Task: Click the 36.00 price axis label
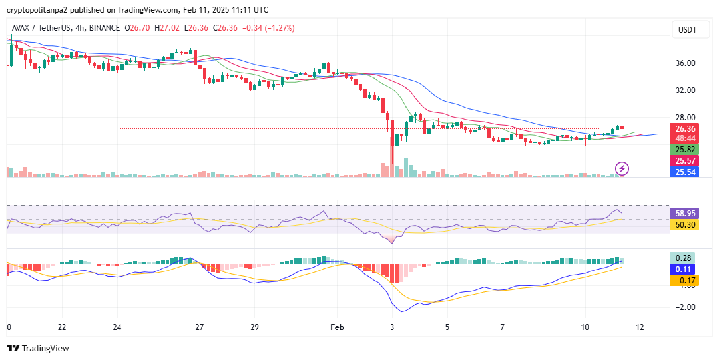pos(686,63)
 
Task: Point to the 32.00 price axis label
pos(686,90)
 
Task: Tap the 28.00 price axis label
pos(686,118)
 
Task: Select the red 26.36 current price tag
pos(686,129)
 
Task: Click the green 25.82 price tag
pos(686,150)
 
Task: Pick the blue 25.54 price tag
pos(686,172)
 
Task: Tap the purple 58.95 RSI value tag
pos(686,214)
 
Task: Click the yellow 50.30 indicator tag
pos(686,226)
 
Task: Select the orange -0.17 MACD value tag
pos(686,281)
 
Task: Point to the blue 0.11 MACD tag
pos(686,270)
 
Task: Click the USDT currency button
pos(687,29)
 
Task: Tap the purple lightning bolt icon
pos(622,168)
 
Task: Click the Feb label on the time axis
pos(337,327)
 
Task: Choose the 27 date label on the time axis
pos(198,327)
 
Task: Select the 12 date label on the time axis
pos(640,327)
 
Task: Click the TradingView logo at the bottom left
pos(38,348)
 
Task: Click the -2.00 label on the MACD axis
pos(686,307)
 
